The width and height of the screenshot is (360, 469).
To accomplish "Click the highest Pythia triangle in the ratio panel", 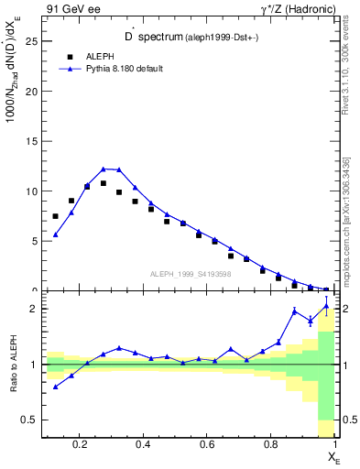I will pos(326,307).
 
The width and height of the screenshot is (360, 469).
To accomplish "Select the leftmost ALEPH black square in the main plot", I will pos(56,216).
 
